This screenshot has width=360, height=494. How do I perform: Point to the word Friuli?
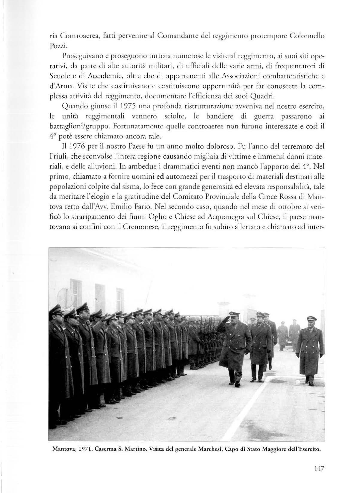click(x=57, y=157)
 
